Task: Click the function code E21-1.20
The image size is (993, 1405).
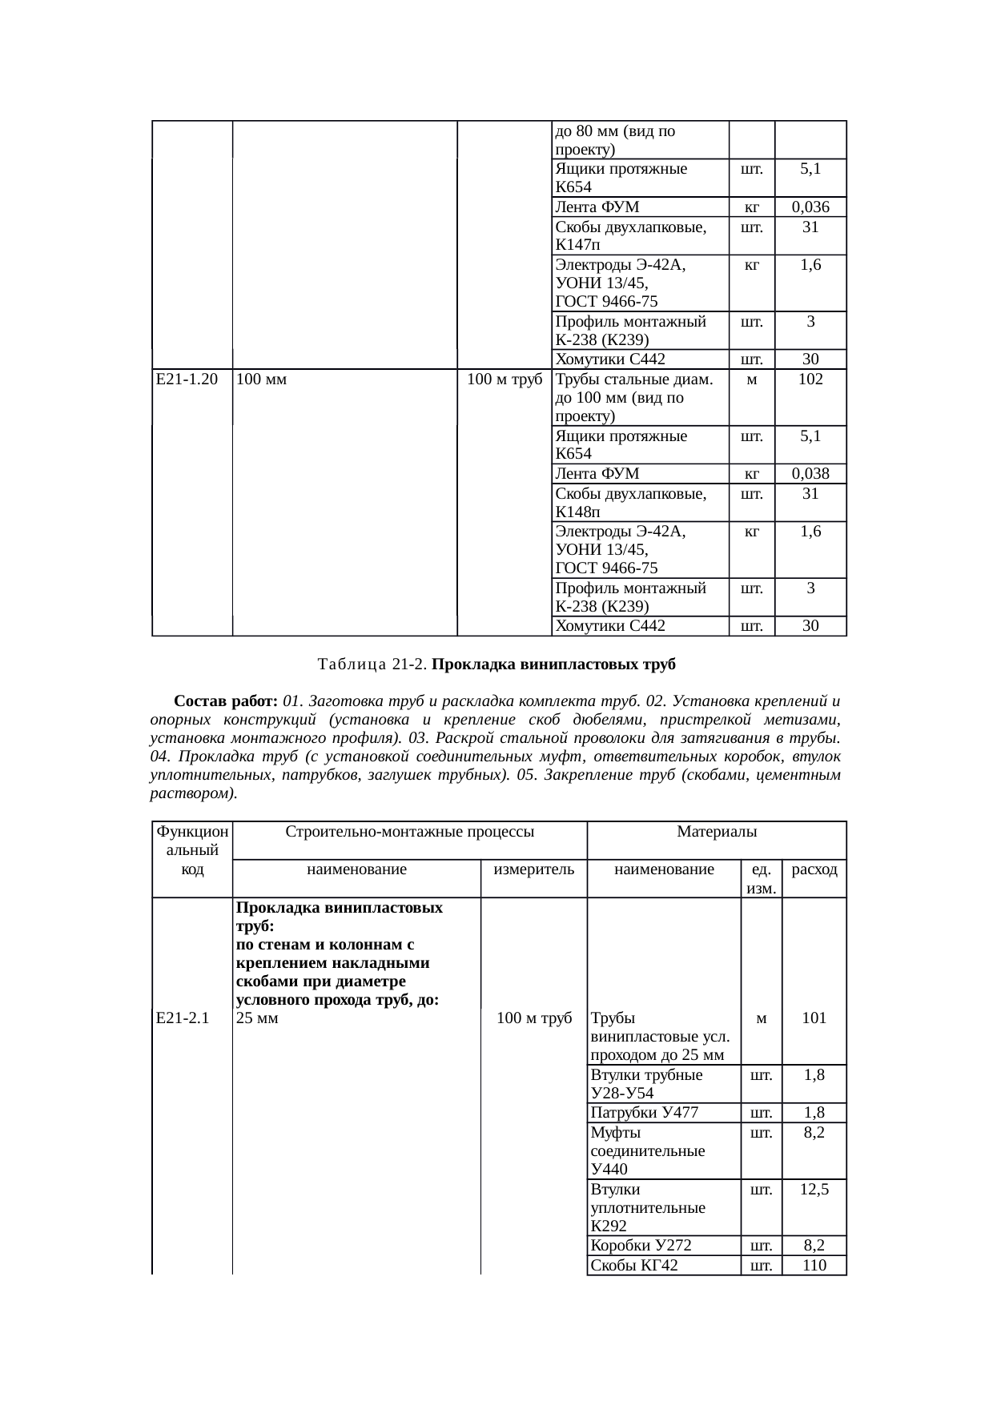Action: coord(187,379)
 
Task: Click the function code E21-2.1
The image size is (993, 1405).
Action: coord(183,1018)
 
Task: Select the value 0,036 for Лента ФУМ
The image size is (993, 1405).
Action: coord(810,207)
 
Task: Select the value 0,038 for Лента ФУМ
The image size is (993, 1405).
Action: coord(810,474)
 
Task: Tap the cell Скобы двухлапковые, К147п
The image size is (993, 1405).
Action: coord(631,235)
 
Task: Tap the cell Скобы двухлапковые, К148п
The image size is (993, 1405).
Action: coord(631,502)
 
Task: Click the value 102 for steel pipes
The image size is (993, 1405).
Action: coord(810,379)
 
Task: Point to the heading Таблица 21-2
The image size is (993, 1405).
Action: coord(372,664)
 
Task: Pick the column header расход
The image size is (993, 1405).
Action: coord(814,869)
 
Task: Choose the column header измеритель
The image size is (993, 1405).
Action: coord(533,869)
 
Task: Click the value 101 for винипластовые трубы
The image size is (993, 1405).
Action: coord(814,1018)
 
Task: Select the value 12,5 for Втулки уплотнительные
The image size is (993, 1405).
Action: coord(814,1190)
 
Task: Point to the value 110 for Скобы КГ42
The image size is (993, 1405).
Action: coord(814,1265)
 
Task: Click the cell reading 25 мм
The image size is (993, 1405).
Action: coord(258,1018)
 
